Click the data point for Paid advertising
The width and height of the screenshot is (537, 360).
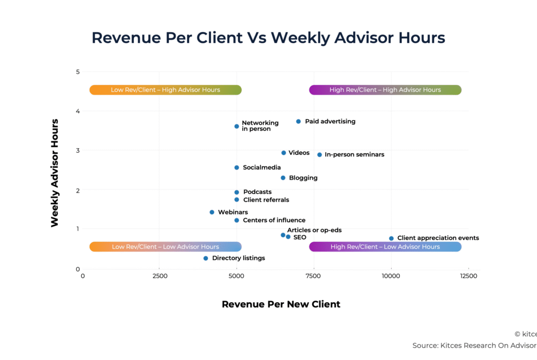(298, 121)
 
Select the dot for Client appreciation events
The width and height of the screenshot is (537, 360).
(391, 238)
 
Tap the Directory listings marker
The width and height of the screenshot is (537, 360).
(206, 258)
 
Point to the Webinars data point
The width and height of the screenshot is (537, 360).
(212, 212)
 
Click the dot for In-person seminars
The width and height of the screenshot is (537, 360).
(320, 155)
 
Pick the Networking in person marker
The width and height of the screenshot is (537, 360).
(237, 126)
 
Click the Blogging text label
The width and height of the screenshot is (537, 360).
(303, 178)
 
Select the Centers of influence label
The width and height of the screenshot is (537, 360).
(274, 220)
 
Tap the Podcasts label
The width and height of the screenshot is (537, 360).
(257, 192)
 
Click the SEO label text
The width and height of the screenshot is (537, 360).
(299, 237)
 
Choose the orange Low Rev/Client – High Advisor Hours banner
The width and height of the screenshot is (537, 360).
(165, 90)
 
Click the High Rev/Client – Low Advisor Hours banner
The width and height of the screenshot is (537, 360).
(385, 247)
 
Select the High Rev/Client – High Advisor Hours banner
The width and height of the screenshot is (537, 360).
(385, 90)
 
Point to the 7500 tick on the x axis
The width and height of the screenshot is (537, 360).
(314, 276)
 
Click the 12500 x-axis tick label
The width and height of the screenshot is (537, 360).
(468, 276)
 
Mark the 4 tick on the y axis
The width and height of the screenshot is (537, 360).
(77, 111)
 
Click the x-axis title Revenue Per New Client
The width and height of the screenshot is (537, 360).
(281, 304)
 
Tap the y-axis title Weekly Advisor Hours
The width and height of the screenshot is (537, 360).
(55, 173)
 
